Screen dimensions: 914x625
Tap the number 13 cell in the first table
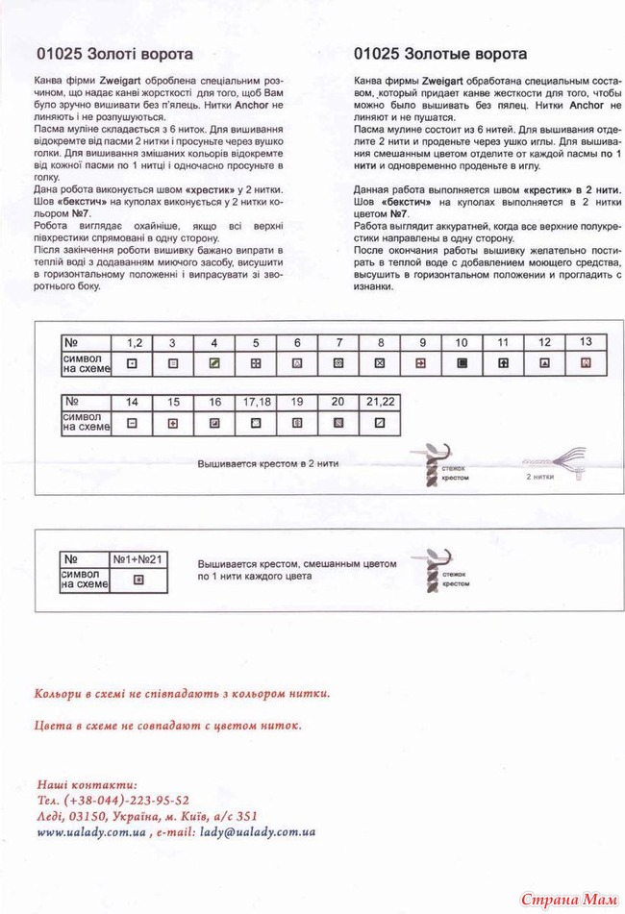click(x=586, y=342)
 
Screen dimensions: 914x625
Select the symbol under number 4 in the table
click(x=214, y=363)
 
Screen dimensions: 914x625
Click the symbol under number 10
click(x=462, y=363)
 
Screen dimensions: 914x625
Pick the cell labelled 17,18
click(x=255, y=401)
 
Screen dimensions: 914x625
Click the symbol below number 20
click(x=337, y=422)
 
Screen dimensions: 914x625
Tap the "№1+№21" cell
click(x=137, y=557)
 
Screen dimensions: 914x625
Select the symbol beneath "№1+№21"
click(x=137, y=579)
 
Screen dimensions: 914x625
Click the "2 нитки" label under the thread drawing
click(x=540, y=475)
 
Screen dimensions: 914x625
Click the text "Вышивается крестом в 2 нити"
click(x=262, y=462)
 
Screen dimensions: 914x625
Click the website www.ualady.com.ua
click(x=90, y=832)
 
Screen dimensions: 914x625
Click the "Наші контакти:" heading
click(x=87, y=784)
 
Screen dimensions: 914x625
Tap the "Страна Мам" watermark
click(x=567, y=898)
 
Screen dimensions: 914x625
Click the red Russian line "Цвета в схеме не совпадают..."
click(x=166, y=726)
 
